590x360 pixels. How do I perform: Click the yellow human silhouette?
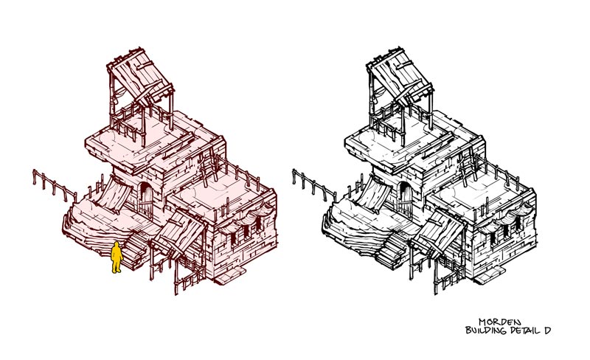[117, 257]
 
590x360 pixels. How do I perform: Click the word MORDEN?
[500, 322]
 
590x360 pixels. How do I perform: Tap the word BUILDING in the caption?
[486, 330]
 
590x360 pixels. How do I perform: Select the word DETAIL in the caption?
[524, 330]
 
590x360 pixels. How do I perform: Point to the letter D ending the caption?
[547, 330]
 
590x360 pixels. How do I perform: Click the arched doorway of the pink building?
[145, 199]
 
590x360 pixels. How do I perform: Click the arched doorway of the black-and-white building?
[405, 199]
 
